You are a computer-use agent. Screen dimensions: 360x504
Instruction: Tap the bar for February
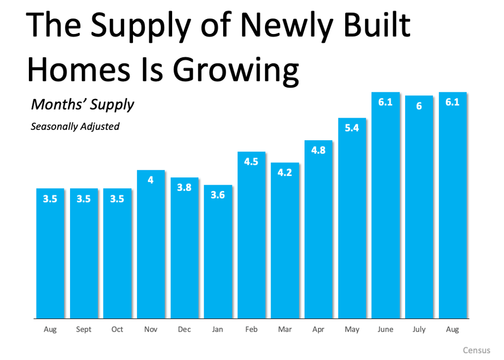251,237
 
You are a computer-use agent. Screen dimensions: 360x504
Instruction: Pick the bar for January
218,253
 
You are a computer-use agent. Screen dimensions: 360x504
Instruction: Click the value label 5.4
352,128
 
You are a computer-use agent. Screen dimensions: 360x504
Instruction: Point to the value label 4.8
318,150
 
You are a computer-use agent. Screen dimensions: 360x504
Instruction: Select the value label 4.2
285,172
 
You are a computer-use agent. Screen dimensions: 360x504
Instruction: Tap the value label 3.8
184,187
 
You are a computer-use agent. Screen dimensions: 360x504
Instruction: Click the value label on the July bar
419,106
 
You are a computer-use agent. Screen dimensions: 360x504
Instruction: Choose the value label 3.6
218,195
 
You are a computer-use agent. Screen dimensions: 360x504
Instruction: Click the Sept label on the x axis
83,329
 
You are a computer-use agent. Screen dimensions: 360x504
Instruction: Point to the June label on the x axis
385,329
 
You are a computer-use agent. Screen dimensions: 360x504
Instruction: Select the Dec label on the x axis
184,329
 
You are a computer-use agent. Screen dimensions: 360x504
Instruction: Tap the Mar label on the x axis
285,329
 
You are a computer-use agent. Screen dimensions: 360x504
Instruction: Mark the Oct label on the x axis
117,329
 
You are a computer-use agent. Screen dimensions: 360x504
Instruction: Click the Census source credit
476,350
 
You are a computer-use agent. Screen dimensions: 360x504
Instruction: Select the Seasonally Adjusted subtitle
75,126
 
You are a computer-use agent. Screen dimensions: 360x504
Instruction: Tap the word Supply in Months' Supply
111,104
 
